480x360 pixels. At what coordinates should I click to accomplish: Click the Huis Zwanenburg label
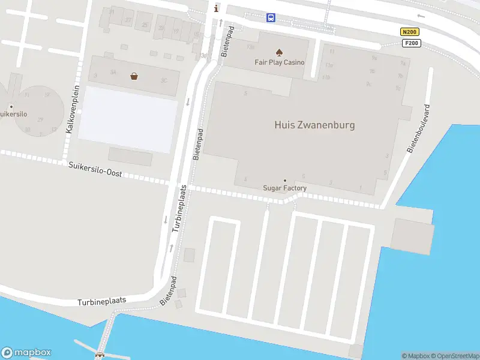pos(314,125)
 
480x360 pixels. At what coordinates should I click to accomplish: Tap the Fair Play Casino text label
pos(280,62)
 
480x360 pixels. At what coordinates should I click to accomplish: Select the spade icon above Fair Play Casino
pos(279,52)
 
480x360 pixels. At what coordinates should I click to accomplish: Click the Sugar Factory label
pos(285,188)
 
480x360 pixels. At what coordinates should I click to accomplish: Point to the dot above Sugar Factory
pos(285,180)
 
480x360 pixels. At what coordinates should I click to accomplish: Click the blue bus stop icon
pos(271,17)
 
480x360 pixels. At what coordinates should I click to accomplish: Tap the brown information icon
pos(217,8)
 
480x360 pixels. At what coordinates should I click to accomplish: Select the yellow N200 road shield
pos(409,32)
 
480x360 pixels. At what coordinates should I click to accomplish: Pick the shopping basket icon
pos(134,76)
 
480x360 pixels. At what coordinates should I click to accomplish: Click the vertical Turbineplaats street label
pos(181,208)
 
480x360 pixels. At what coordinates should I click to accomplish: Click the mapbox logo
pos(26,353)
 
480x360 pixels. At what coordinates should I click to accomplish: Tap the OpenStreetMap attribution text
pos(458,356)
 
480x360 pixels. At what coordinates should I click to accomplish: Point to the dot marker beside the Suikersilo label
pos(11,107)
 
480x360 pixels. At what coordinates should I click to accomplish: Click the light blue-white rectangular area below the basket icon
pos(128,119)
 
